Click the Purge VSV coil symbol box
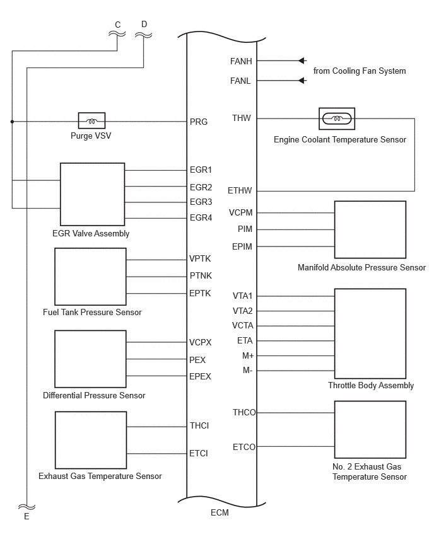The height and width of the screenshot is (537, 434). tap(91, 121)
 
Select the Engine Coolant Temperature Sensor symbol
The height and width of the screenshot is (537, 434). tap(337, 119)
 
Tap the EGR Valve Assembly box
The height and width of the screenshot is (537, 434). tap(92, 194)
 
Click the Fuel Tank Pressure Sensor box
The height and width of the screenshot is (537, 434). tap(90, 277)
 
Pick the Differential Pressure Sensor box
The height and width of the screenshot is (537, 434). tap(90, 359)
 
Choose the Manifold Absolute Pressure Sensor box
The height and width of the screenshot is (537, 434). tap(370, 229)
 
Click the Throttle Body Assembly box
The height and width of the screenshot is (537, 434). tap(370, 333)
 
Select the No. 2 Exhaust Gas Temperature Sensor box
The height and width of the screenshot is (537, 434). tap(370, 429)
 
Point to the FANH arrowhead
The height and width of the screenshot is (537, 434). tap(302, 61)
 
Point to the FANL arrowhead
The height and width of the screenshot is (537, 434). tap(302, 81)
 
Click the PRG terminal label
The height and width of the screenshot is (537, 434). tap(199, 122)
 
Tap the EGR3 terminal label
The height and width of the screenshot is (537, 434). tap(201, 202)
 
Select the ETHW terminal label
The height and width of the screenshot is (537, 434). tap(240, 190)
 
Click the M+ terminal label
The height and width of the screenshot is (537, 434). tap(248, 356)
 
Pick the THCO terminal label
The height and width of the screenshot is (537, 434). tap(244, 412)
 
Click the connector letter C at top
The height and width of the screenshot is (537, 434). tap(118, 25)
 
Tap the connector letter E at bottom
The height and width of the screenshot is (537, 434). tap(26, 516)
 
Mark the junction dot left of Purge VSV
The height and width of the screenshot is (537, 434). tap(13, 122)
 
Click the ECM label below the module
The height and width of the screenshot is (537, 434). tap(220, 512)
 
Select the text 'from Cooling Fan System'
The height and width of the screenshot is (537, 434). tap(360, 71)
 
